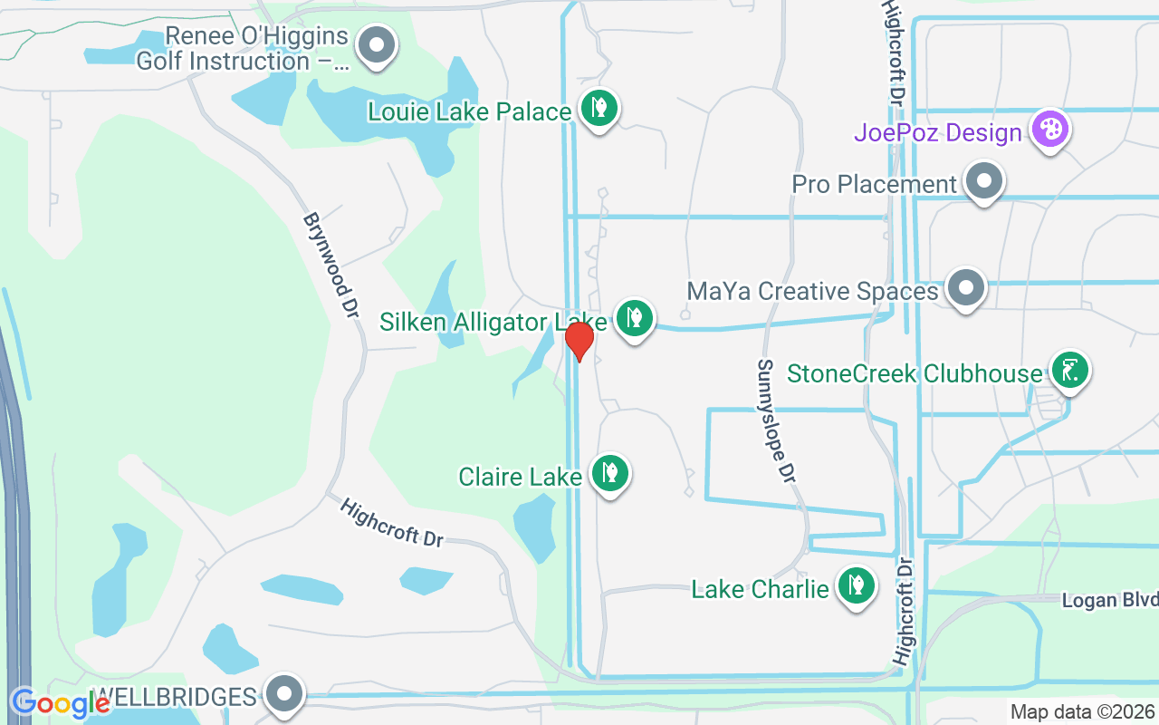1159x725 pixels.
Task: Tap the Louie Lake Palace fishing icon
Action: (x=599, y=109)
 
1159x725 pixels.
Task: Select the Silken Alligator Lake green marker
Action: (x=635, y=318)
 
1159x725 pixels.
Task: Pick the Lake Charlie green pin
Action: (x=856, y=586)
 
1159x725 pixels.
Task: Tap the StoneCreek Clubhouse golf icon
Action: (x=1070, y=370)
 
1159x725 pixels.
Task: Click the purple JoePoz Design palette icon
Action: (x=1050, y=130)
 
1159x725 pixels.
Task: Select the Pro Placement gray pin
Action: (x=984, y=181)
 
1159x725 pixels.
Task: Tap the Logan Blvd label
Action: (x=1109, y=601)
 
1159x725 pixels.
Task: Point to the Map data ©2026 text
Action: (x=1082, y=712)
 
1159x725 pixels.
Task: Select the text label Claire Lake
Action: (x=520, y=477)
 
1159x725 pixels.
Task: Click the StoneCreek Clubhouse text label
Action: (x=915, y=373)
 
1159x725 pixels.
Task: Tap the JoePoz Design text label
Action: (x=937, y=133)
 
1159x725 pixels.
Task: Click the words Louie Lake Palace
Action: (x=470, y=111)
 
